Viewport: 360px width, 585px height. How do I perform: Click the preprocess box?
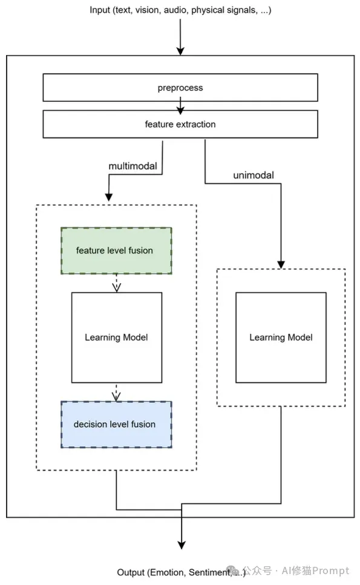(180, 88)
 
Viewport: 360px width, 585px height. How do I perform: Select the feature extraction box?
(180, 124)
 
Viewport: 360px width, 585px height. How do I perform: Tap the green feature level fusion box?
(116, 250)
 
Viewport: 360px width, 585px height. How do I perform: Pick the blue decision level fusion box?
(116, 425)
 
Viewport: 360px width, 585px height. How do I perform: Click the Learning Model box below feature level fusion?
(117, 338)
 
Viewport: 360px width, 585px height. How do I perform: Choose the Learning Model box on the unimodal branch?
(281, 338)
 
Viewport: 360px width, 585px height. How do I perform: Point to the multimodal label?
(133, 166)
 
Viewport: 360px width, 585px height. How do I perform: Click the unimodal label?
(254, 175)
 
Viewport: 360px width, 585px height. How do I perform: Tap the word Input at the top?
(100, 10)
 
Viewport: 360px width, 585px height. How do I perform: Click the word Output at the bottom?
(131, 572)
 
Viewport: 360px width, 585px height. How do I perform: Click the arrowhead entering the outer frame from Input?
(180, 51)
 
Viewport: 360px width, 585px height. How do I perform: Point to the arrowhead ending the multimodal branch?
(109, 197)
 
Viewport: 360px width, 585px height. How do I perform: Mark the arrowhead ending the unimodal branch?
(281, 264)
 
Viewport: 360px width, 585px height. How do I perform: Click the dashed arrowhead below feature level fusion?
(116, 287)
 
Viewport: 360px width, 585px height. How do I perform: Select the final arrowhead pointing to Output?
(182, 545)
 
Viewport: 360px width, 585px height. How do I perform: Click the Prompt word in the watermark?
(330, 571)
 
